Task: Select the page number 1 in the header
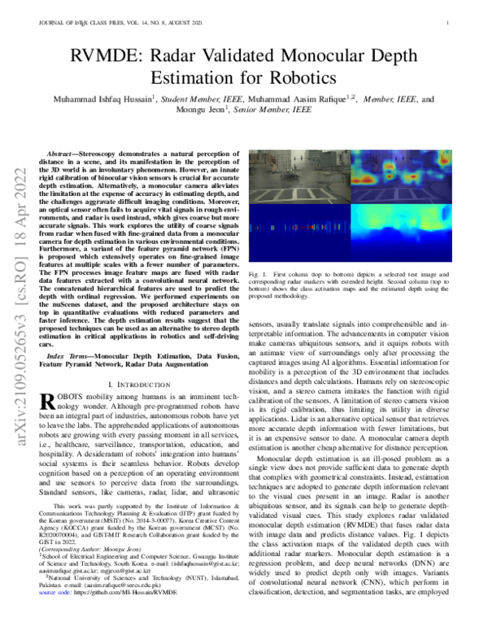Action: tap(448, 23)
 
